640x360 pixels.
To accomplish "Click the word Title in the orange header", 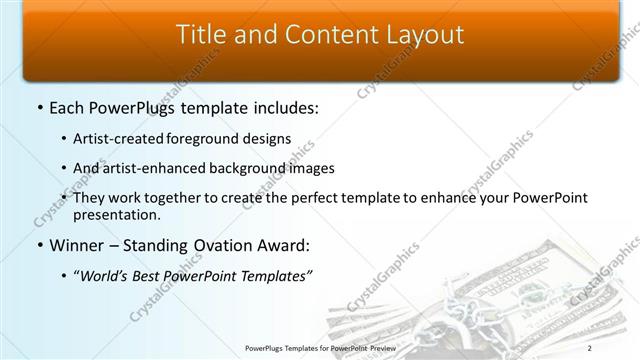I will point(200,35).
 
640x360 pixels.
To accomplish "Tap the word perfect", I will point(320,198).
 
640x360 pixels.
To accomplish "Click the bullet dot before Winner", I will point(39,244).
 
